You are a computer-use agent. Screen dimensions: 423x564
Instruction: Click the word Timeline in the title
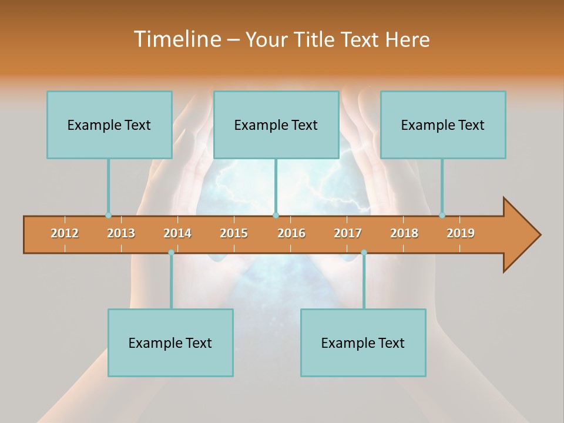(x=177, y=39)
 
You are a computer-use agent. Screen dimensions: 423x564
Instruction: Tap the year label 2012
(x=65, y=233)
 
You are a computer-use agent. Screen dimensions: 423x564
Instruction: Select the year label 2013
(x=121, y=233)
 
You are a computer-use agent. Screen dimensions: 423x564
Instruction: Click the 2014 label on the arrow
(x=177, y=233)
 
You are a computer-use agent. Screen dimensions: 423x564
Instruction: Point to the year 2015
(x=234, y=233)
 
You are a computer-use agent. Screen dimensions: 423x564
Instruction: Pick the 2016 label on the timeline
(x=291, y=233)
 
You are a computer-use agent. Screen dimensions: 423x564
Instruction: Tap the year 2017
(x=348, y=233)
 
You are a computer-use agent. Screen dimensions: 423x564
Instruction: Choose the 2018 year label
(x=404, y=233)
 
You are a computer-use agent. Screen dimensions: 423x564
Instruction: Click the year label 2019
(x=461, y=233)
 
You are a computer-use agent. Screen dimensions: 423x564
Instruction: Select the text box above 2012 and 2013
(x=109, y=125)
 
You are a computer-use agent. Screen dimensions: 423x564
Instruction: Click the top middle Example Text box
(x=276, y=125)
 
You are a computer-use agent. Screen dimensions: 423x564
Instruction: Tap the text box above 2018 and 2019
(x=443, y=125)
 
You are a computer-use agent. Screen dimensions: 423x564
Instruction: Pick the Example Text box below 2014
(x=170, y=343)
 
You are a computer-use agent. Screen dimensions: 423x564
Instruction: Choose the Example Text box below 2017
(x=363, y=343)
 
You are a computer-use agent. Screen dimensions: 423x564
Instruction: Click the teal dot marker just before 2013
(x=108, y=215)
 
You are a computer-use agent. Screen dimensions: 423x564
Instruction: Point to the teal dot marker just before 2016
(x=276, y=215)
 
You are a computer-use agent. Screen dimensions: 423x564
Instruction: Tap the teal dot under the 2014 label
(x=171, y=252)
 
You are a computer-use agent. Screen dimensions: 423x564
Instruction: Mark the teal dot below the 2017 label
(x=364, y=252)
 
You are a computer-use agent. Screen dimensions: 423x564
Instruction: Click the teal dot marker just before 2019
(x=442, y=215)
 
